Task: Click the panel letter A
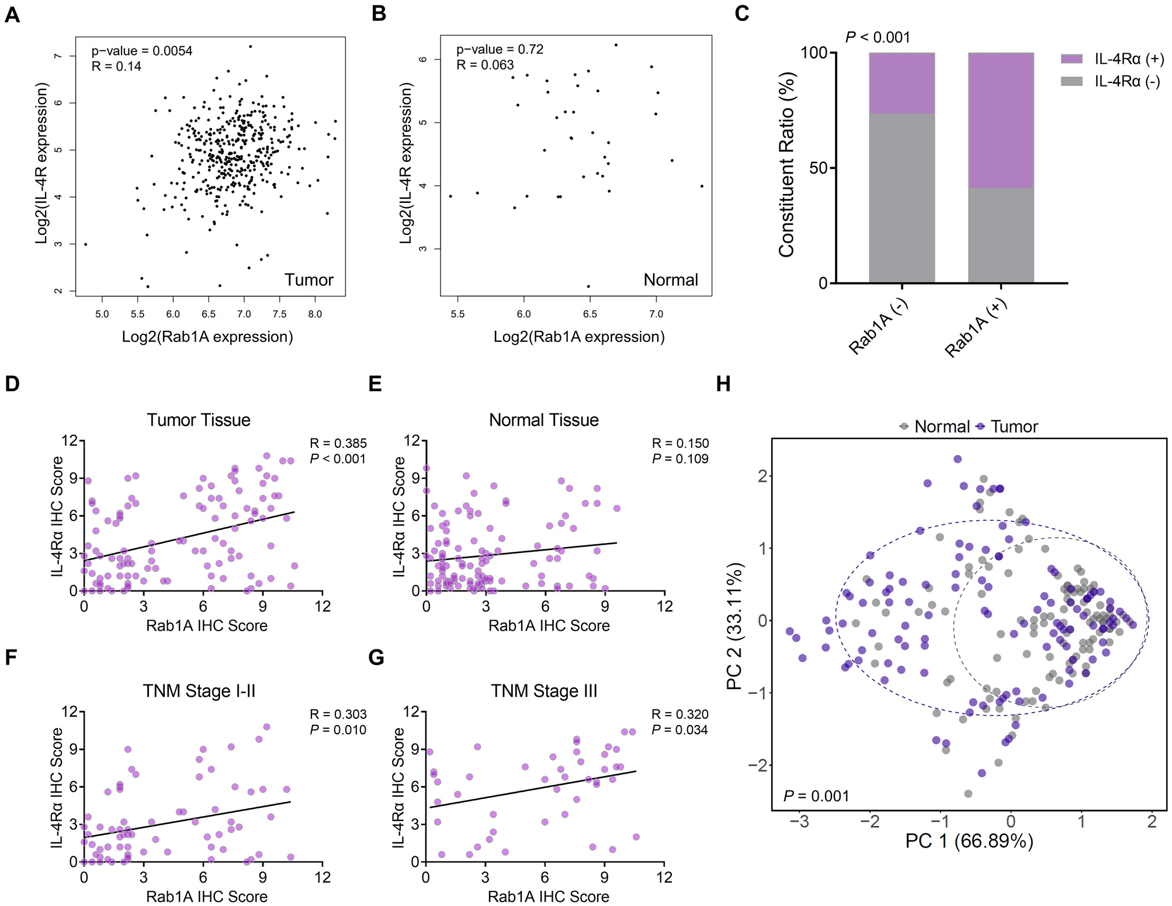(12, 14)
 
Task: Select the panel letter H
(723, 384)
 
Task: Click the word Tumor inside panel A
(308, 280)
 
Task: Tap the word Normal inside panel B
(670, 280)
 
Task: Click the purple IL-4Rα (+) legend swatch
(1071, 59)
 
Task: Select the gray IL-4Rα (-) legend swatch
(1071, 81)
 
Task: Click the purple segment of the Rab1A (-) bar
(901, 83)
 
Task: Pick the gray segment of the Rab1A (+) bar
(1000, 235)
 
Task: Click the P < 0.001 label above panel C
(878, 37)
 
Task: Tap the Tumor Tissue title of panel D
(199, 420)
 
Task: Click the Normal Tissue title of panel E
(543, 420)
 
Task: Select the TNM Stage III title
(543, 691)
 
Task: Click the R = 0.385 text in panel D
(338, 444)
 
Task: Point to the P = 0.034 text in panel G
(680, 729)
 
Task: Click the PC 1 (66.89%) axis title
(969, 841)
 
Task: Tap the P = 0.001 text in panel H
(816, 796)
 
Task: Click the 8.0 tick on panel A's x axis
(315, 314)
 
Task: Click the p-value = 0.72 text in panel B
(500, 50)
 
